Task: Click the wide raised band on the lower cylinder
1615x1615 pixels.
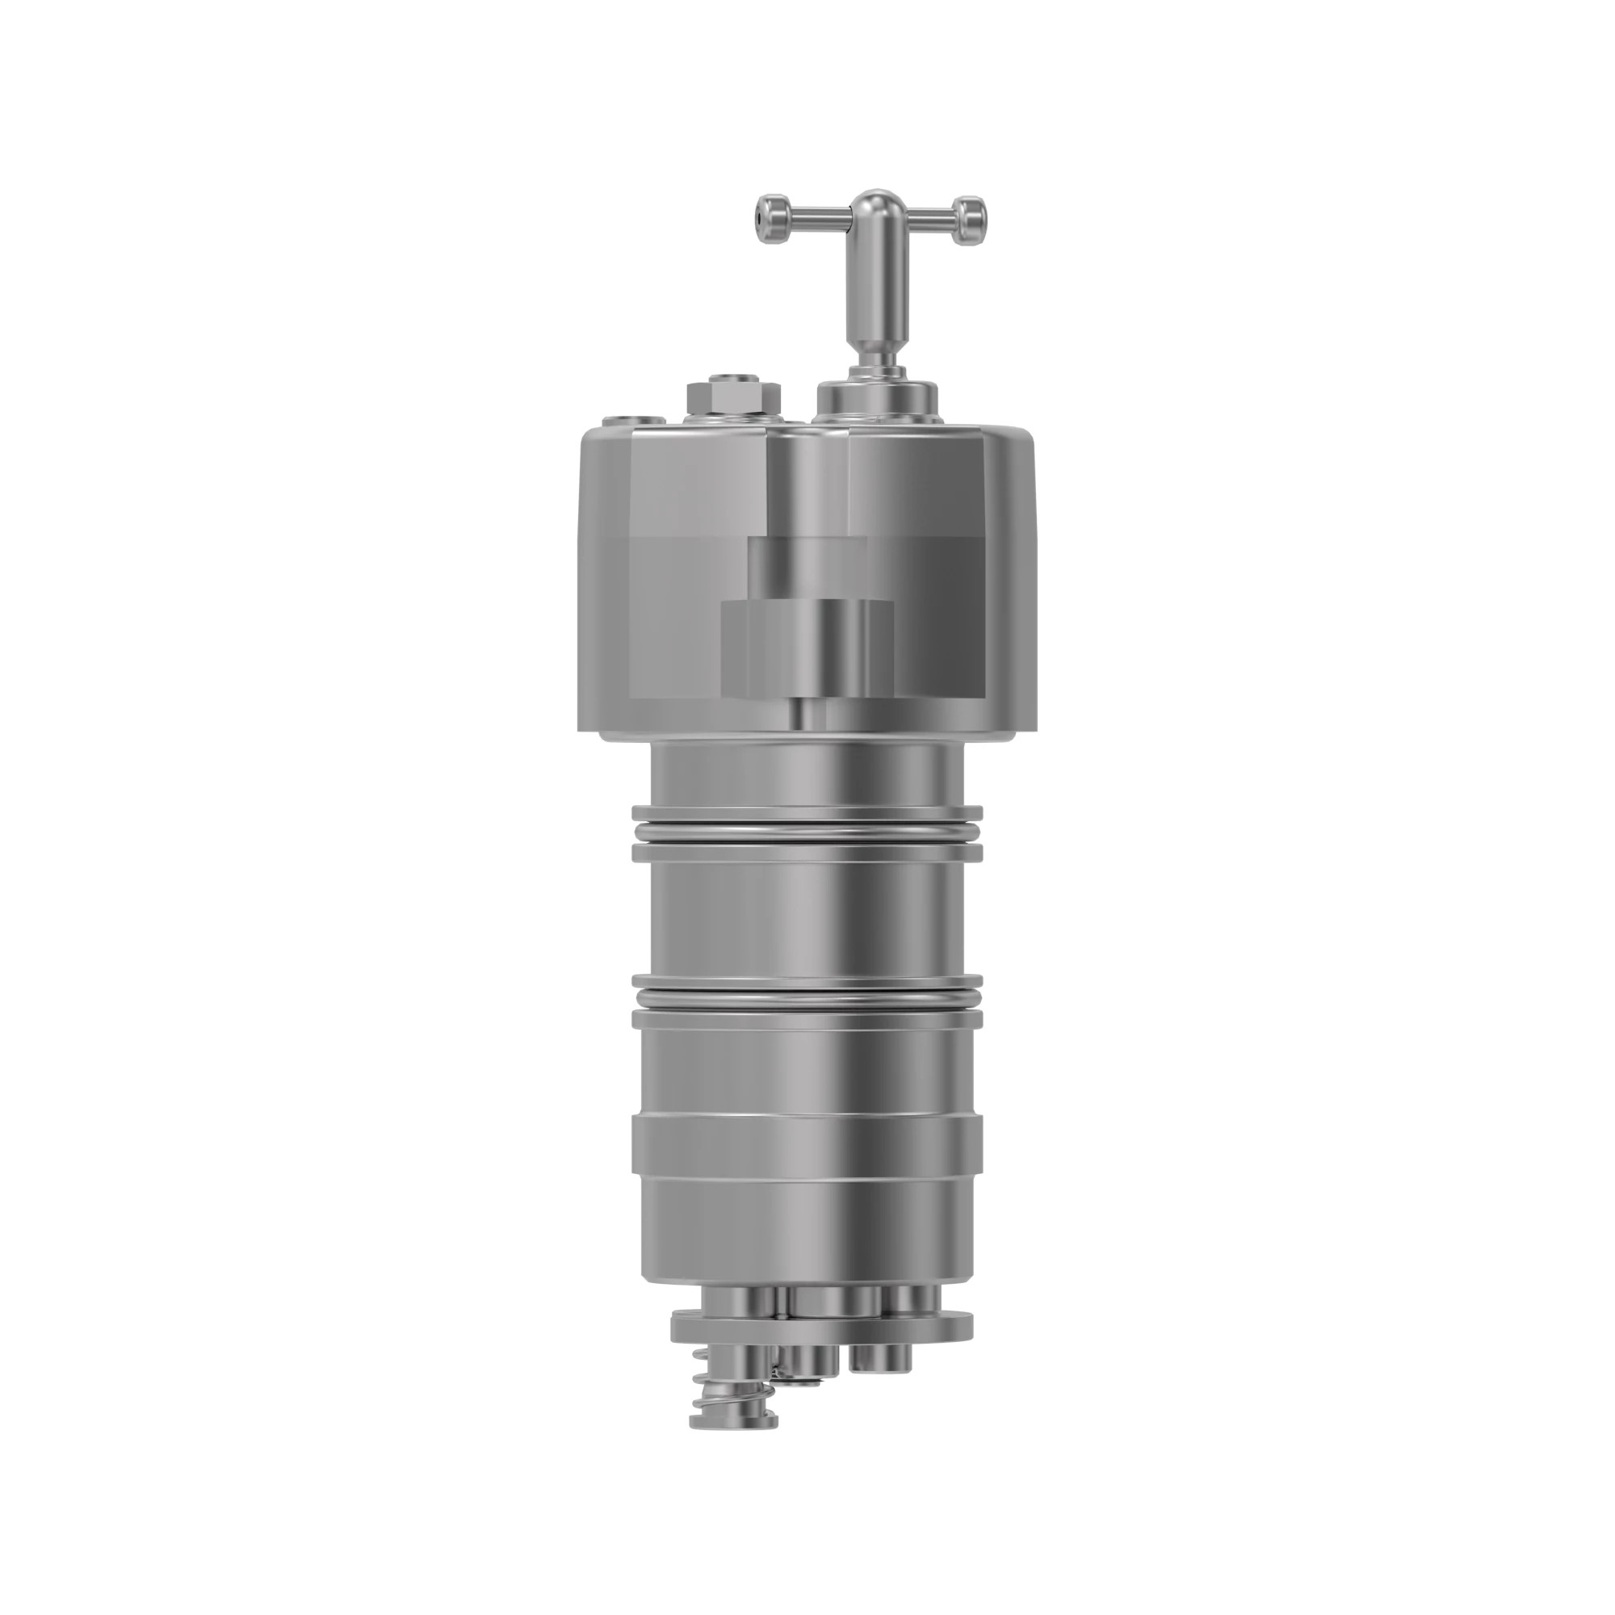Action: (x=807, y=1147)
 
